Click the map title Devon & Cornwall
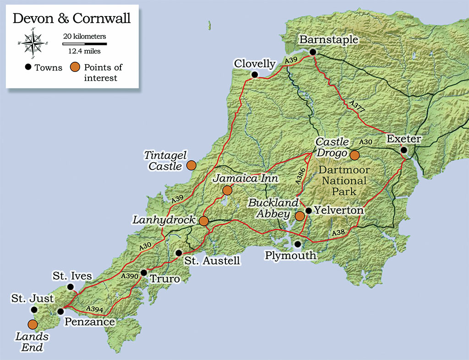71,19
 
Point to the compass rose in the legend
33,44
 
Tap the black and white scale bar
85,44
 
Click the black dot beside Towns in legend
28,68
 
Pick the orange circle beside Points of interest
75,68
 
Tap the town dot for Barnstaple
313,52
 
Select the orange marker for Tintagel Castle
191,165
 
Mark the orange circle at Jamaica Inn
227,191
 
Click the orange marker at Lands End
33,325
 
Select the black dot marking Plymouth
298,244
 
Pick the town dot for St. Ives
70,287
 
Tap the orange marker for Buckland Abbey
300,216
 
